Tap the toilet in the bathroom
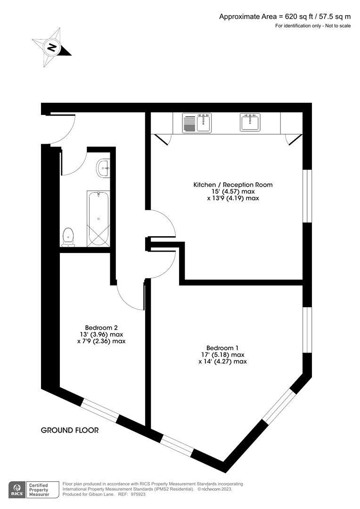tap(69, 236)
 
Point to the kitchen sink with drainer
tap(197, 123)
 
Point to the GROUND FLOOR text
tap(70, 430)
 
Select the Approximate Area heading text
tap(285, 16)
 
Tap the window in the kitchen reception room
tap(307, 195)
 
